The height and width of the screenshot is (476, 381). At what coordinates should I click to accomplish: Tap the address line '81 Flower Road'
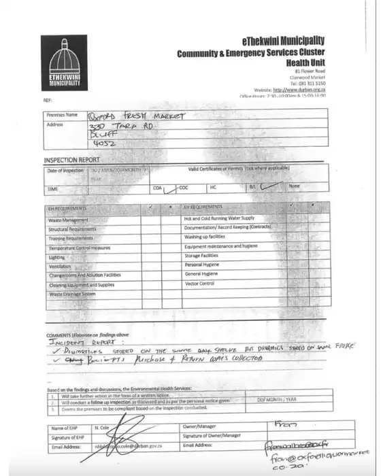(x=310, y=71)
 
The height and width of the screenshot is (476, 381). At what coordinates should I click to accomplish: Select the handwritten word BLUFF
(x=103, y=135)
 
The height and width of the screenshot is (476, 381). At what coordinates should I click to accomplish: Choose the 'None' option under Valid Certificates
(x=295, y=186)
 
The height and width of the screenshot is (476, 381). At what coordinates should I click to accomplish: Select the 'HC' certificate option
(x=213, y=186)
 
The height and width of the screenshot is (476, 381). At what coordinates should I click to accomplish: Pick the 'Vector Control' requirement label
(x=201, y=282)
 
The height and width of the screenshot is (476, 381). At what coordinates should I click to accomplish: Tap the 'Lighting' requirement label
(x=57, y=258)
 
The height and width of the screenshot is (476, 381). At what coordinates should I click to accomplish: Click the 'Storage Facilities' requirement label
(x=202, y=255)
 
